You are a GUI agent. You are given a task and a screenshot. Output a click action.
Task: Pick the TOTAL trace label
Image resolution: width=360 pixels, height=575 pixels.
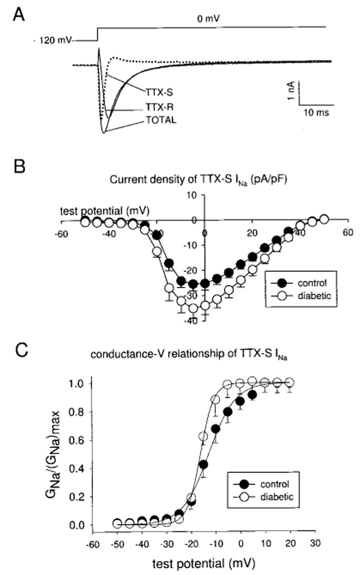pyautogui.click(x=162, y=120)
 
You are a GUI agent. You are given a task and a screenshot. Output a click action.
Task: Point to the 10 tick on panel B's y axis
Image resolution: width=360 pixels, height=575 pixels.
pyautogui.click(x=196, y=194)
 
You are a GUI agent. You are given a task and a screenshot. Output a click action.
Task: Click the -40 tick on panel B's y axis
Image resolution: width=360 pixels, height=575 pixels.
pyautogui.click(x=194, y=321)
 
